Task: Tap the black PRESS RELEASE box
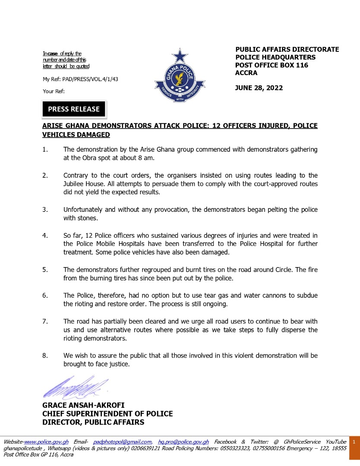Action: pos(74,109)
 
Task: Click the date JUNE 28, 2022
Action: pos(259,88)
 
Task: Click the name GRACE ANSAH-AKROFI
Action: pos(83,405)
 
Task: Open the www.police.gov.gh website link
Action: pos(46,442)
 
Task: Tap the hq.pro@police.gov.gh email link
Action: pos(183,442)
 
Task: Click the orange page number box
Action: pos(354,442)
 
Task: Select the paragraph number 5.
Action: pos(45,270)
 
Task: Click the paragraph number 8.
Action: pos(45,356)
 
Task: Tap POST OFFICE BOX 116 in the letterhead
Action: pos(272,65)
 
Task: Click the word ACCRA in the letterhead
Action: pos(246,73)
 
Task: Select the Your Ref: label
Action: pos(54,91)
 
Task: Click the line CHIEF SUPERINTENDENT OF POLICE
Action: pos(107,414)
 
